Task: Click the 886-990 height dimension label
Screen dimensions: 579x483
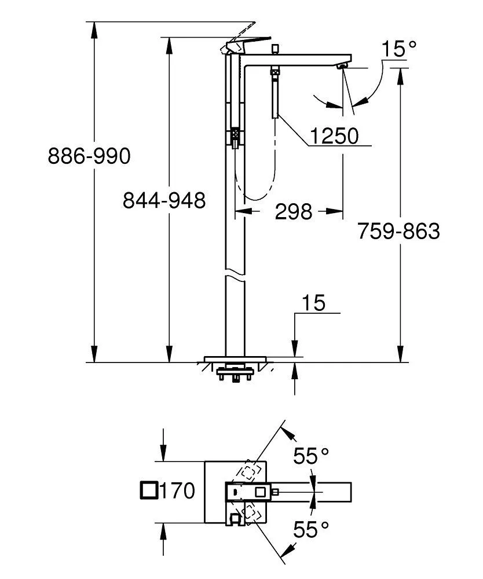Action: [x=90, y=156]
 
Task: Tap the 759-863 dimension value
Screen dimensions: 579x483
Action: [x=398, y=231]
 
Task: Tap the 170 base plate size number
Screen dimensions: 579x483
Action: [x=177, y=491]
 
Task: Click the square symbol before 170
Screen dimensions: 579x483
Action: [x=149, y=490]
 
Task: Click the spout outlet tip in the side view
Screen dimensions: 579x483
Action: [x=343, y=68]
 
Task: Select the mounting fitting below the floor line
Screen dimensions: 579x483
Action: [x=235, y=375]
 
